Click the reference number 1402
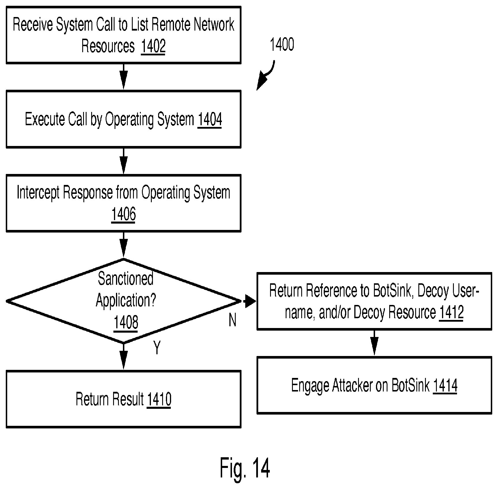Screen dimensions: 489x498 pyautogui.click(x=153, y=46)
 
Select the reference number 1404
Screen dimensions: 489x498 pyautogui.click(x=210, y=119)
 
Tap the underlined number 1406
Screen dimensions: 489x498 pyautogui.click(x=123, y=214)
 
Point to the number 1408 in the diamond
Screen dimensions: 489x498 pyautogui.click(x=126, y=322)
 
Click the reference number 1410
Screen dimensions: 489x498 pyautogui.click(x=159, y=399)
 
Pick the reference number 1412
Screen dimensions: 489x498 pyautogui.click(x=451, y=312)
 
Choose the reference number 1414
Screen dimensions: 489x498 pyautogui.click(x=445, y=385)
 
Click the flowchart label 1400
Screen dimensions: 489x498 pyautogui.click(x=282, y=45)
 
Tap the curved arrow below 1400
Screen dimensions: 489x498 pyautogui.click(x=267, y=76)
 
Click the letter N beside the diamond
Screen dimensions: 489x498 pyautogui.click(x=233, y=320)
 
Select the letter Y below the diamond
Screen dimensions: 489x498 pyautogui.click(x=157, y=347)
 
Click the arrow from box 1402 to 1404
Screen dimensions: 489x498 pyautogui.click(x=123, y=77)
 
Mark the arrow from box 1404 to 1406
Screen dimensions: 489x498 pyautogui.click(x=123, y=161)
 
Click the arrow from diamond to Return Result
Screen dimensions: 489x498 pyautogui.click(x=123, y=357)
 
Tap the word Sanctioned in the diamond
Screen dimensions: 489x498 pyautogui.click(x=126, y=279)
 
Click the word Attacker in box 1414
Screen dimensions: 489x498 pyautogui.click(x=352, y=385)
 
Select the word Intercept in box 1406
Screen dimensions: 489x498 pyautogui.click(x=38, y=192)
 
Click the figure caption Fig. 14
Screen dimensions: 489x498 pyautogui.click(x=245, y=468)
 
